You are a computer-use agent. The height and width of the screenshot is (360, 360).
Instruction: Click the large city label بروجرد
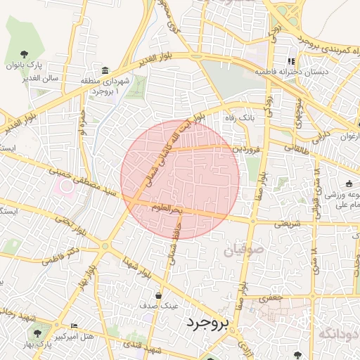(x=207, y=324)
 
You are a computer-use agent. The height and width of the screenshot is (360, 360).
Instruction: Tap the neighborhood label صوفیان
(x=243, y=250)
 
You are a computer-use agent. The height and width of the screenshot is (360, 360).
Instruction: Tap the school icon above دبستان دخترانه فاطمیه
(x=291, y=60)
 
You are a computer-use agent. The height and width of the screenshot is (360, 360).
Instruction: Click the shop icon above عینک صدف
(x=159, y=295)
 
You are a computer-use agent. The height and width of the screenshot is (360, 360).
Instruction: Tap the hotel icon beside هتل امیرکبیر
(x=75, y=326)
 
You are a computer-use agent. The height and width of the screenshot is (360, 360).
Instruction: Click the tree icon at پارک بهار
(x=37, y=333)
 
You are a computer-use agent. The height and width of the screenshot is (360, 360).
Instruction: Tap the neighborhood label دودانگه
(x=338, y=333)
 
